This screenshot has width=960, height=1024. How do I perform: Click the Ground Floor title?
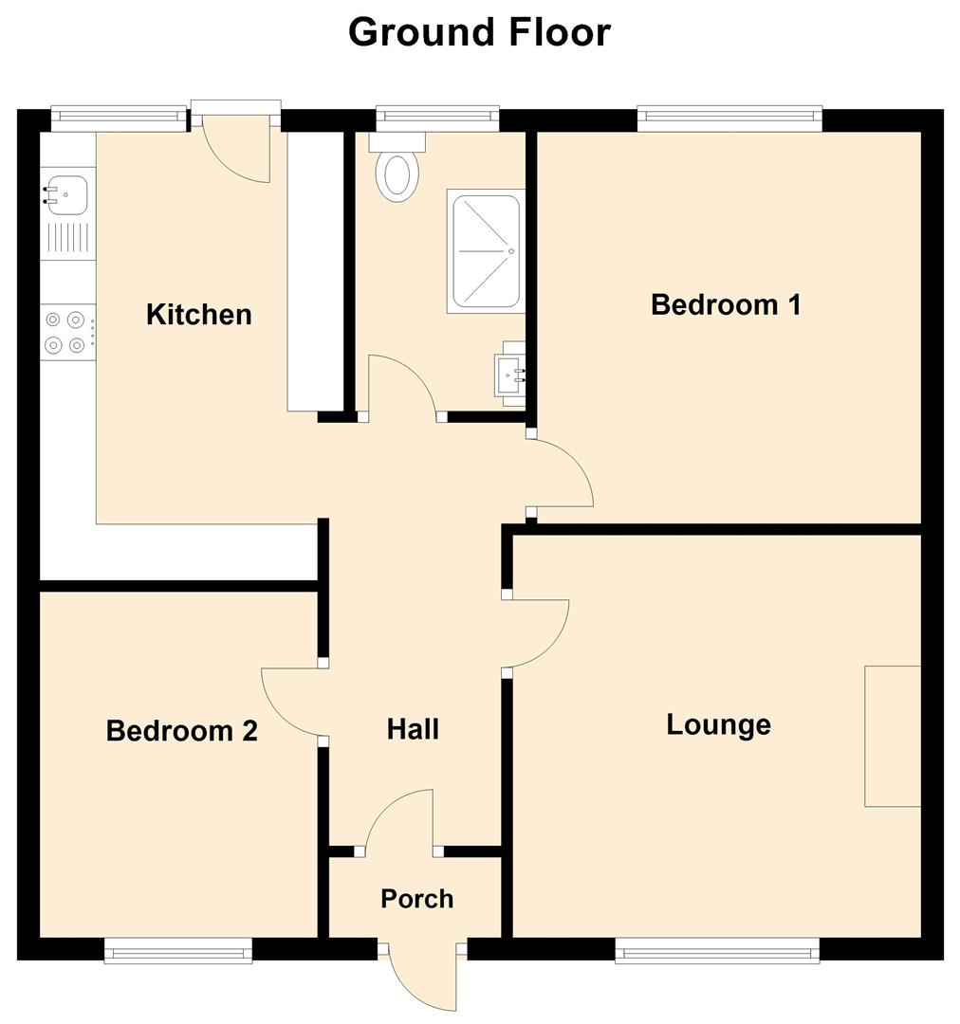pyautogui.click(x=479, y=32)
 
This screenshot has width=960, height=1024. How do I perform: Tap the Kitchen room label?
pyautogui.click(x=199, y=314)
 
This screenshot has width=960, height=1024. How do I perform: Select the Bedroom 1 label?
pyautogui.click(x=726, y=304)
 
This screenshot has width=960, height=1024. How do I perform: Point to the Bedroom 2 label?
pyautogui.click(x=181, y=731)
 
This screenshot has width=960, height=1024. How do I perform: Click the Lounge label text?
pyautogui.click(x=718, y=724)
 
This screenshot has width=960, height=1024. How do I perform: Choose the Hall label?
pyautogui.click(x=413, y=729)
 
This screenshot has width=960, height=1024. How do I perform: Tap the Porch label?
pyautogui.click(x=416, y=898)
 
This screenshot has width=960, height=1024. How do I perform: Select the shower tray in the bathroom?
pyautogui.click(x=486, y=252)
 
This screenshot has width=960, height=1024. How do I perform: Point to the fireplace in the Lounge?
pyautogui.click(x=892, y=736)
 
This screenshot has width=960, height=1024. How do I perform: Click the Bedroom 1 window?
pyautogui.click(x=729, y=118)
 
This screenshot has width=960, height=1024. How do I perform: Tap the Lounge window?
pyautogui.click(x=716, y=950)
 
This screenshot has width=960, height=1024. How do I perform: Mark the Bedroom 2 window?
pyautogui.click(x=178, y=950)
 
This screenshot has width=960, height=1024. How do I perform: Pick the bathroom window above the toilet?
pyautogui.click(x=436, y=118)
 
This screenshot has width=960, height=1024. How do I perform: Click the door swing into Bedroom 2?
pyautogui.click(x=289, y=703)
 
